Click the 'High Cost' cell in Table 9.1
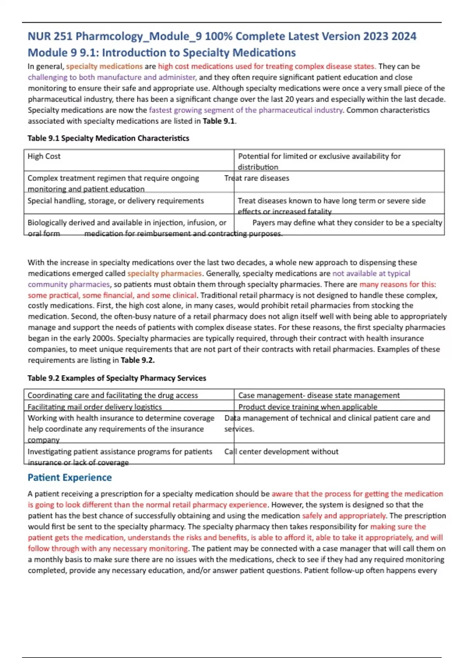[44, 156]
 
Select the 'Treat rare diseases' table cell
[257, 178]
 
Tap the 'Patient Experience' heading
[70, 478]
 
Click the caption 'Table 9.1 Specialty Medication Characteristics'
[108, 138]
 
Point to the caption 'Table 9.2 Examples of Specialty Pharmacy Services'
[117, 378]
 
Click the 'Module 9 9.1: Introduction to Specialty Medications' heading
[162, 53]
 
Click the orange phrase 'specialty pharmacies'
[165, 274]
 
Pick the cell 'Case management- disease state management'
[319, 395]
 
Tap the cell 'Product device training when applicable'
[308, 407]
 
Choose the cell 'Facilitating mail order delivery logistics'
[95, 407]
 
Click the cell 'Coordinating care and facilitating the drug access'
[113, 395]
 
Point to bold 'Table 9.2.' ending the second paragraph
[138, 360]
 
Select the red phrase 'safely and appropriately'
[344, 516]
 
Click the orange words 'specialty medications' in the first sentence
[104, 67]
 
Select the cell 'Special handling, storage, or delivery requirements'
[116, 201]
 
